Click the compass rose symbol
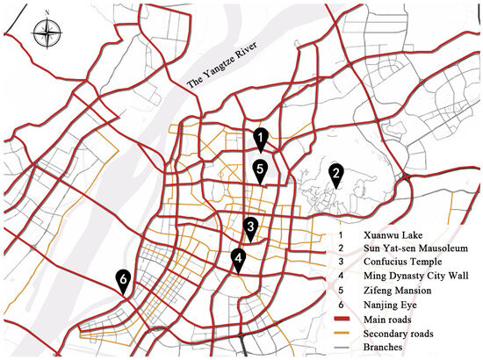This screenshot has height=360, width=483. click(45, 33)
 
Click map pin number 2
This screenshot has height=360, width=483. click(335, 175)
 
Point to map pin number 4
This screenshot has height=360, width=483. click(238, 258)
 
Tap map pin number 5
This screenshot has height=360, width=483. click(260, 169)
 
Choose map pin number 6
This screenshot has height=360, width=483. click(124, 280)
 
